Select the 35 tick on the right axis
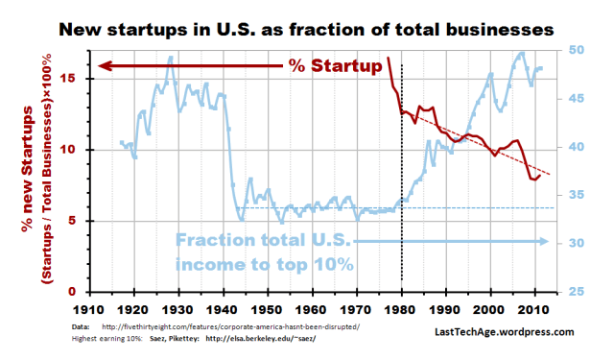tap(567, 195)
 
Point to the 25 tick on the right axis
tap(567, 291)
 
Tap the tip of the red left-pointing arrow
tap(99, 66)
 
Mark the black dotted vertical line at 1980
tap(401, 173)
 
